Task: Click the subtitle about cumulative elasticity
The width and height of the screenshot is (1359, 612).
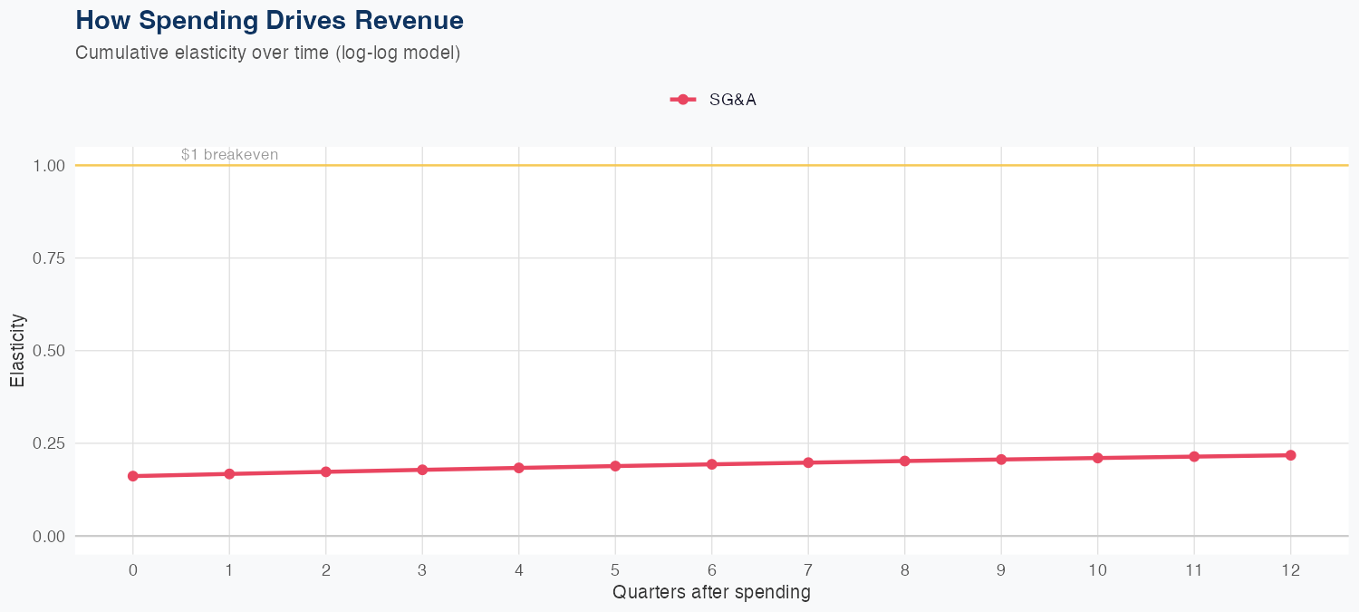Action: click(268, 53)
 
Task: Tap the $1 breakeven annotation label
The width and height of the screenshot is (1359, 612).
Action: click(229, 155)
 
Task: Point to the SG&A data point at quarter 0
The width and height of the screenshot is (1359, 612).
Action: click(133, 476)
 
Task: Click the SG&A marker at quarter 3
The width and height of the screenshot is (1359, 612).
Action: click(422, 470)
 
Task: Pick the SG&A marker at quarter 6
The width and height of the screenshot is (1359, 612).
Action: click(712, 464)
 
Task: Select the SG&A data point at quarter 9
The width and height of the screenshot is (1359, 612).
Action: click(1001, 460)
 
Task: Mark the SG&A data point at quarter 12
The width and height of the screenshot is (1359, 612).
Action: click(1290, 455)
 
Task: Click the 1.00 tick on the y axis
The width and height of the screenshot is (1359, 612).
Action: click(50, 166)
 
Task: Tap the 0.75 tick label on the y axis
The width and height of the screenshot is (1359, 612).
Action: click(50, 258)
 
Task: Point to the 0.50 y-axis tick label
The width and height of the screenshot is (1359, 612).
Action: click(50, 351)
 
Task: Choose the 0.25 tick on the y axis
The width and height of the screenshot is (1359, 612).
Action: click(50, 443)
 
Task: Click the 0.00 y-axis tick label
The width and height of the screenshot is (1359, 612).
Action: click(50, 537)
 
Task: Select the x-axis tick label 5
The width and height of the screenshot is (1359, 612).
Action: click(615, 570)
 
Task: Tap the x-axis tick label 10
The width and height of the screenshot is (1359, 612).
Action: click(1097, 570)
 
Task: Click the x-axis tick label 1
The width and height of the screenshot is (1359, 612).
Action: click(229, 570)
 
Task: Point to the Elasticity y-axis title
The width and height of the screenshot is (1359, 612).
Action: click(17, 351)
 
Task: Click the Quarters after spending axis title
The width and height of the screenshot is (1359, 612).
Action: click(711, 593)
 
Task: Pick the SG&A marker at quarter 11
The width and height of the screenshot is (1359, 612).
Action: click(1194, 456)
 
